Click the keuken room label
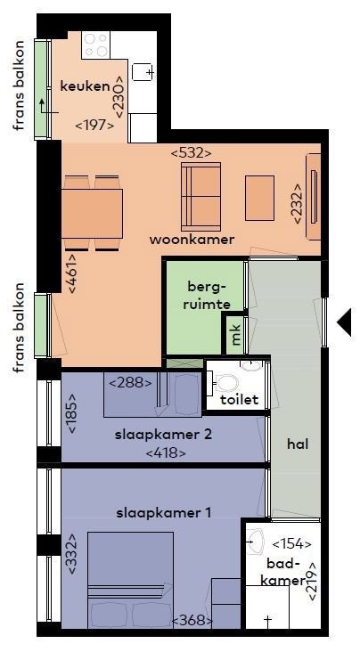coord(85,86)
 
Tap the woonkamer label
coord(192,240)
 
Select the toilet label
coord(240,400)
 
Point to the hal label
coord(298,444)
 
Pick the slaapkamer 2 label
coord(164,435)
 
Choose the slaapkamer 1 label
coord(164,513)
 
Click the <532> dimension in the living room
coord(191,153)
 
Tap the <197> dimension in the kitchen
coord(94,125)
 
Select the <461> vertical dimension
coord(71,273)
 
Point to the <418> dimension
coord(166,452)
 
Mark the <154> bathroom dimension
coord(291,543)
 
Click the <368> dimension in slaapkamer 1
coord(192,621)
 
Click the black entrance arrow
coord(344,322)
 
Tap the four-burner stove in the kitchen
coord(96,45)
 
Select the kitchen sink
coord(143,72)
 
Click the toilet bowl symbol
coord(225,383)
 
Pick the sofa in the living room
coord(200,196)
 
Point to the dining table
coord(92,214)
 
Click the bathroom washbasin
coord(255,542)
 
